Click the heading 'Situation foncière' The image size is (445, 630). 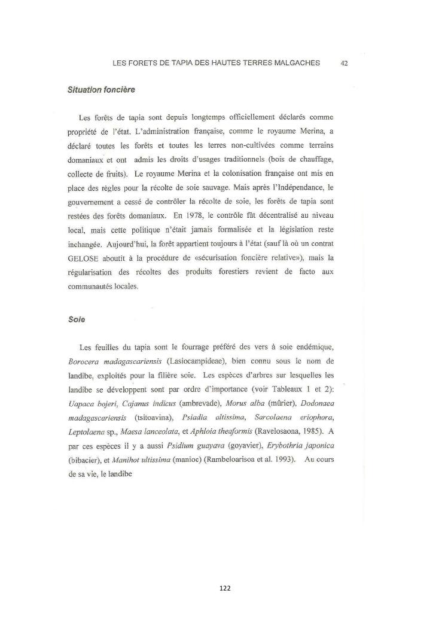click(101, 90)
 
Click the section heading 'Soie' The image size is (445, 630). click(76, 319)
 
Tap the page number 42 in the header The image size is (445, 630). click(344, 63)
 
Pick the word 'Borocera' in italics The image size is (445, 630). click(85, 361)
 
